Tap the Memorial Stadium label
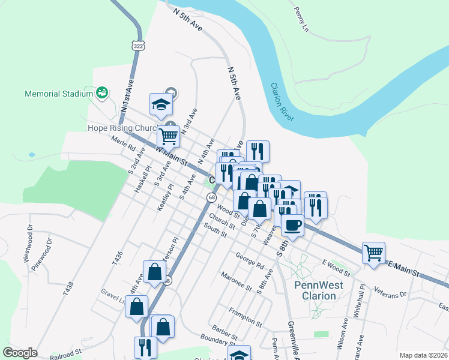click(59, 94)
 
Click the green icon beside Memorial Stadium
click(102, 93)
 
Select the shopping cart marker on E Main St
click(373, 252)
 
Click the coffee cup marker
click(292, 224)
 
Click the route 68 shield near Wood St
click(212, 197)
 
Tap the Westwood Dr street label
click(28, 244)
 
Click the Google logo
click(20, 353)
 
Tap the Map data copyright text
click(424, 355)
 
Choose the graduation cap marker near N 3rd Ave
click(161, 104)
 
